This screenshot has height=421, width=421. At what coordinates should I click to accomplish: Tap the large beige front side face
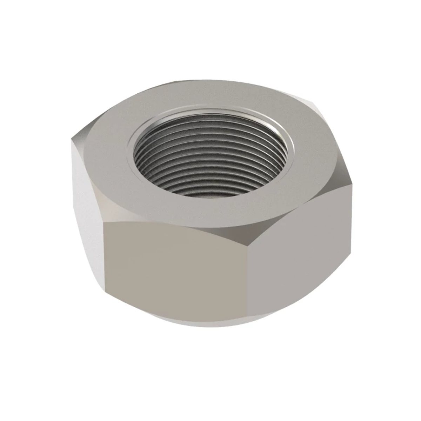pos(175,267)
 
